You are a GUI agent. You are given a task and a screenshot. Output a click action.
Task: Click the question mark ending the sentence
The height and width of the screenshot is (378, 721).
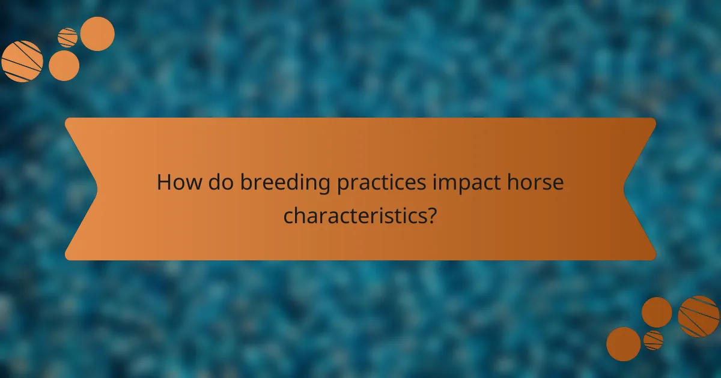point(431,214)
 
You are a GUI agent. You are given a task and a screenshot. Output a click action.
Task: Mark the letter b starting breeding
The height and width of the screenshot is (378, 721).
point(246,182)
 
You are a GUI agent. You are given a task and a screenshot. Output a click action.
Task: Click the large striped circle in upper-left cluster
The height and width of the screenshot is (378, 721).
point(22,61)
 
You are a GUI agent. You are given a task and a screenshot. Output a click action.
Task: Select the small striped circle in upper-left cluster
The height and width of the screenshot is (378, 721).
point(67,37)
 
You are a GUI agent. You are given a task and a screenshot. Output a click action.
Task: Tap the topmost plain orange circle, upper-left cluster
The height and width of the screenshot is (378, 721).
point(97,34)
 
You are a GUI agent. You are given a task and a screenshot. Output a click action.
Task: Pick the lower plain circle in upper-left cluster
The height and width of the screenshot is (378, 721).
point(64,65)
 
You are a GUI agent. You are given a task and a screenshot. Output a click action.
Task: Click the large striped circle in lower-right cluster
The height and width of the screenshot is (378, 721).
point(699,316)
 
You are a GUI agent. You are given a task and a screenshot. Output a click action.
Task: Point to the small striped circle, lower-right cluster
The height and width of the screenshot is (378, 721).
point(653,340)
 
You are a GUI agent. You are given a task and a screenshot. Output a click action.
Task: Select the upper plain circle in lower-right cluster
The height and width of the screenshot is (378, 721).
point(657,312)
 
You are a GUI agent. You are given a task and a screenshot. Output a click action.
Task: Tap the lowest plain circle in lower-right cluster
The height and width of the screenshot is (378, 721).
point(623,344)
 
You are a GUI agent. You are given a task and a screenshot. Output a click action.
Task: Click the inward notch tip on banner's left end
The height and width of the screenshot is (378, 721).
point(97,189)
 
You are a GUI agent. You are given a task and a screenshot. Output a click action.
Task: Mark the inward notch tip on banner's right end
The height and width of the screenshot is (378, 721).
point(624,189)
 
